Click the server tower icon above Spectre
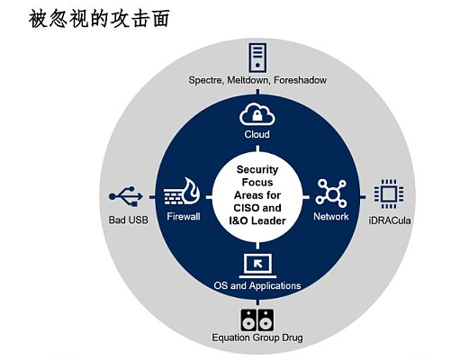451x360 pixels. [x=257, y=58]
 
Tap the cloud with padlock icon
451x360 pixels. [x=257, y=114]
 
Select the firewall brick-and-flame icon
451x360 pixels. [x=182, y=192]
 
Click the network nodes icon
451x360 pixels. [x=331, y=193]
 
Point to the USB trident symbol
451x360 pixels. [x=126, y=196]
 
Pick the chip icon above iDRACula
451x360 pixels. [x=389, y=194]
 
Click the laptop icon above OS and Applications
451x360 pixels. [x=257, y=266]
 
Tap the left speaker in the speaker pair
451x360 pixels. [x=248, y=319]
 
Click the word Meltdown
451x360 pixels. [x=248, y=80]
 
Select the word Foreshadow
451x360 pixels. [x=300, y=80]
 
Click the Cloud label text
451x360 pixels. [x=257, y=134]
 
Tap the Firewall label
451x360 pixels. [x=184, y=216]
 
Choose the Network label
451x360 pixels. [x=331, y=216]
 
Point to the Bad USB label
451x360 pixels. [x=129, y=220]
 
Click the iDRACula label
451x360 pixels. [x=390, y=220]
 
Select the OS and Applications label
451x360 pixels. [x=257, y=285]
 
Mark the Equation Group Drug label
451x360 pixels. [x=257, y=337]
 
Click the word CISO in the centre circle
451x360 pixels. [x=245, y=208]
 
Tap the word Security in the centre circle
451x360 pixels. [x=257, y=170]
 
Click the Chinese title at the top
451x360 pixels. [x=99, y=19]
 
